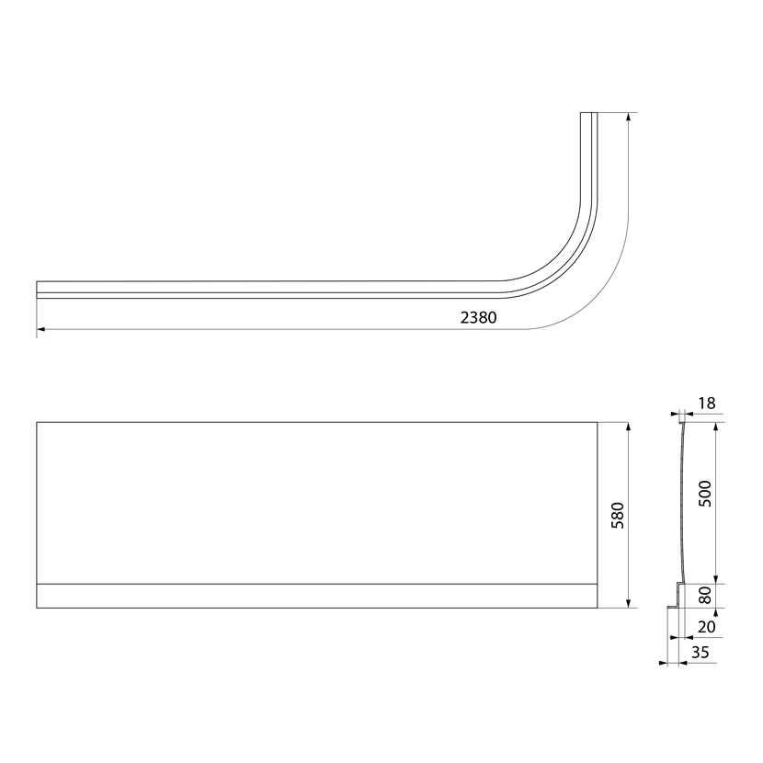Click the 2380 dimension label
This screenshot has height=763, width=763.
coord(478,317)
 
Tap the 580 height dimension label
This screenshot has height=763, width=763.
coord(617,516)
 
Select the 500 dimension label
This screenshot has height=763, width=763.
coord(704,494)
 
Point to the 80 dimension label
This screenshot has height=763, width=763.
coord(704,595)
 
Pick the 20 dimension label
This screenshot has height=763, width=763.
coord(706,627)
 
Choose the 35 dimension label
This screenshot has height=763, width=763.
coord(700,652)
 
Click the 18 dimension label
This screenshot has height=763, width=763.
coord(707,403)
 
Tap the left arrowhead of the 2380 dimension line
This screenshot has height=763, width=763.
coord(40,329)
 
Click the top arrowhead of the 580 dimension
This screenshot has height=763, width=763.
coord(628,427)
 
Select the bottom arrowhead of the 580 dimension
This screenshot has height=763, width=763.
coord(628,603)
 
